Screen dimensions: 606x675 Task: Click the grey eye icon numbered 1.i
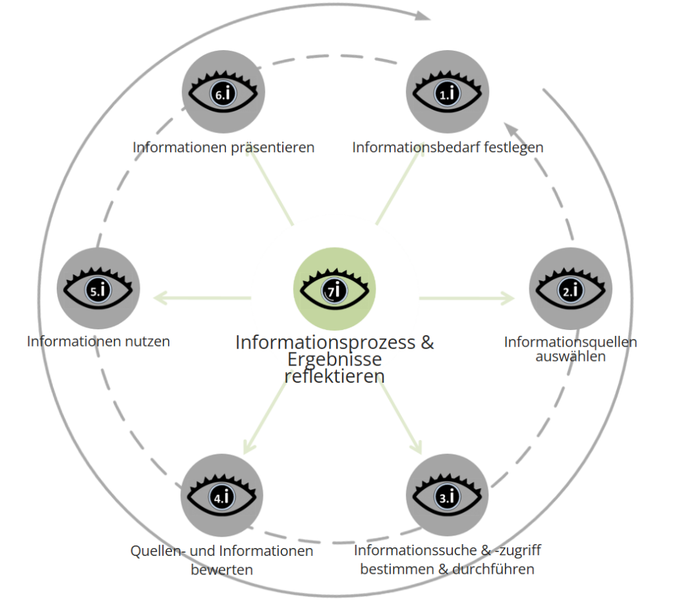448,92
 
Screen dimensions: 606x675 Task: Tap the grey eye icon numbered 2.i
570,289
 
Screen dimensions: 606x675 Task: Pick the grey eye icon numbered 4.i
222,495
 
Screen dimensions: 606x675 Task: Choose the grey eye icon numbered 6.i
223,92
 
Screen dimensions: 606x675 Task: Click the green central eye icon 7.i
334,289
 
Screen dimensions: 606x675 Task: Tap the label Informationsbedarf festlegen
448,147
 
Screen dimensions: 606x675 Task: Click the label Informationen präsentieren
223,147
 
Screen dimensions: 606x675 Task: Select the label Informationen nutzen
98,341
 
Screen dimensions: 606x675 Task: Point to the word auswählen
570,356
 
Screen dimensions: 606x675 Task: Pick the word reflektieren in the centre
334,376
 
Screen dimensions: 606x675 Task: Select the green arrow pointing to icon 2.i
467,298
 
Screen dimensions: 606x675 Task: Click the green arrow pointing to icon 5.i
202,298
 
